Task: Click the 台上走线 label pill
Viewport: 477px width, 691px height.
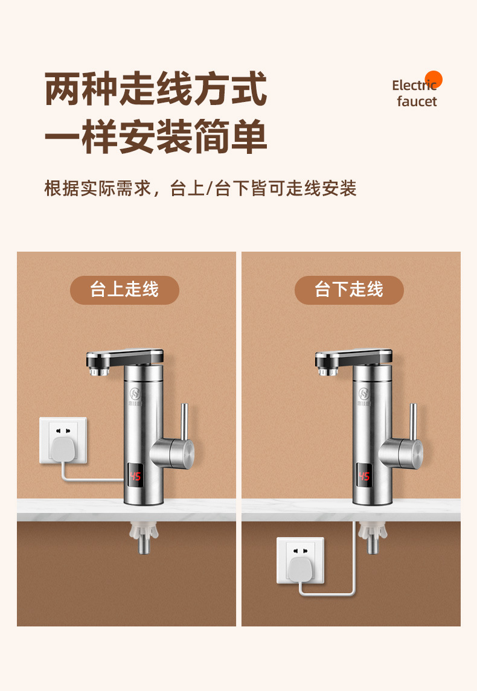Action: tap(124, 290)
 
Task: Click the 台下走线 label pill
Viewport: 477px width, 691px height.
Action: tap(349, 290)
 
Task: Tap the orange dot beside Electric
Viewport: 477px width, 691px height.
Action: tap(434, 80)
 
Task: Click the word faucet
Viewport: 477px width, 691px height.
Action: tap(417, 101)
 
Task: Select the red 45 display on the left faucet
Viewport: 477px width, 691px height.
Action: tap(135, 476)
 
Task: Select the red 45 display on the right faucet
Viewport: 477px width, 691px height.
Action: tap(364, 476)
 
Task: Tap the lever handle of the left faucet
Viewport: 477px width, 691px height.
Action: tap(184, 422)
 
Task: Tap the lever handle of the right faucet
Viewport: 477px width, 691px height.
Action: tap(413, 422)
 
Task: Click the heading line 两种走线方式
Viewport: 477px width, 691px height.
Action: tap(156, 89)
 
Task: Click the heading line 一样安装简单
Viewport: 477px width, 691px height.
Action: tap(156, 136)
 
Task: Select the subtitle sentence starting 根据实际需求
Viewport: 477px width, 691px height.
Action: tap(200, 188)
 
